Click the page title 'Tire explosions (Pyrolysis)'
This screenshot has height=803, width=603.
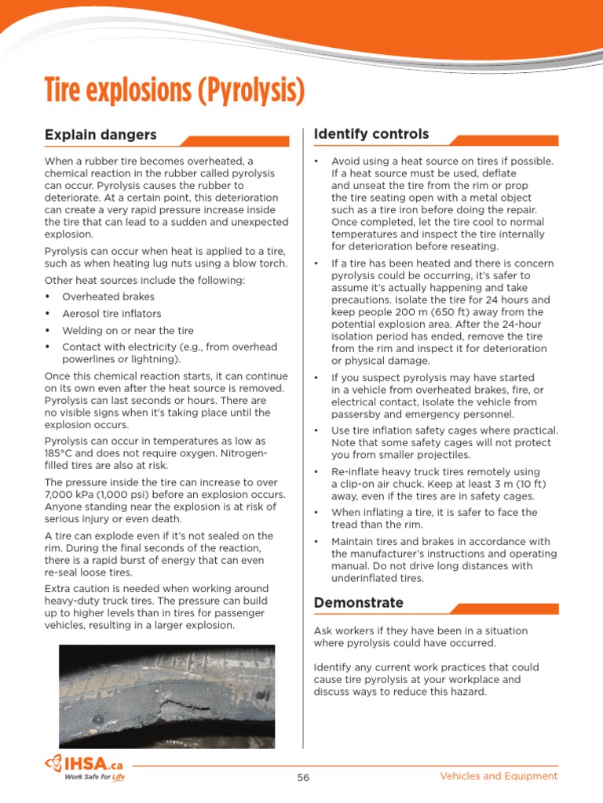[174, 92]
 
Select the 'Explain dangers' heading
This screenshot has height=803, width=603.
[100, 135]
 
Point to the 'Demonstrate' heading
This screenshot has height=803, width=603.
[358, 602]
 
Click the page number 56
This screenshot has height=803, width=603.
[303, 777]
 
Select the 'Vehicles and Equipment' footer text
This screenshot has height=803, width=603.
[499, 776]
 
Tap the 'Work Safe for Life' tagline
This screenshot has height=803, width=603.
[94, 777]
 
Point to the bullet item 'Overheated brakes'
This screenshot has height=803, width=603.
[108, 296]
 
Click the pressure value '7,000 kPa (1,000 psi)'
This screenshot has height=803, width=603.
[97, 495]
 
